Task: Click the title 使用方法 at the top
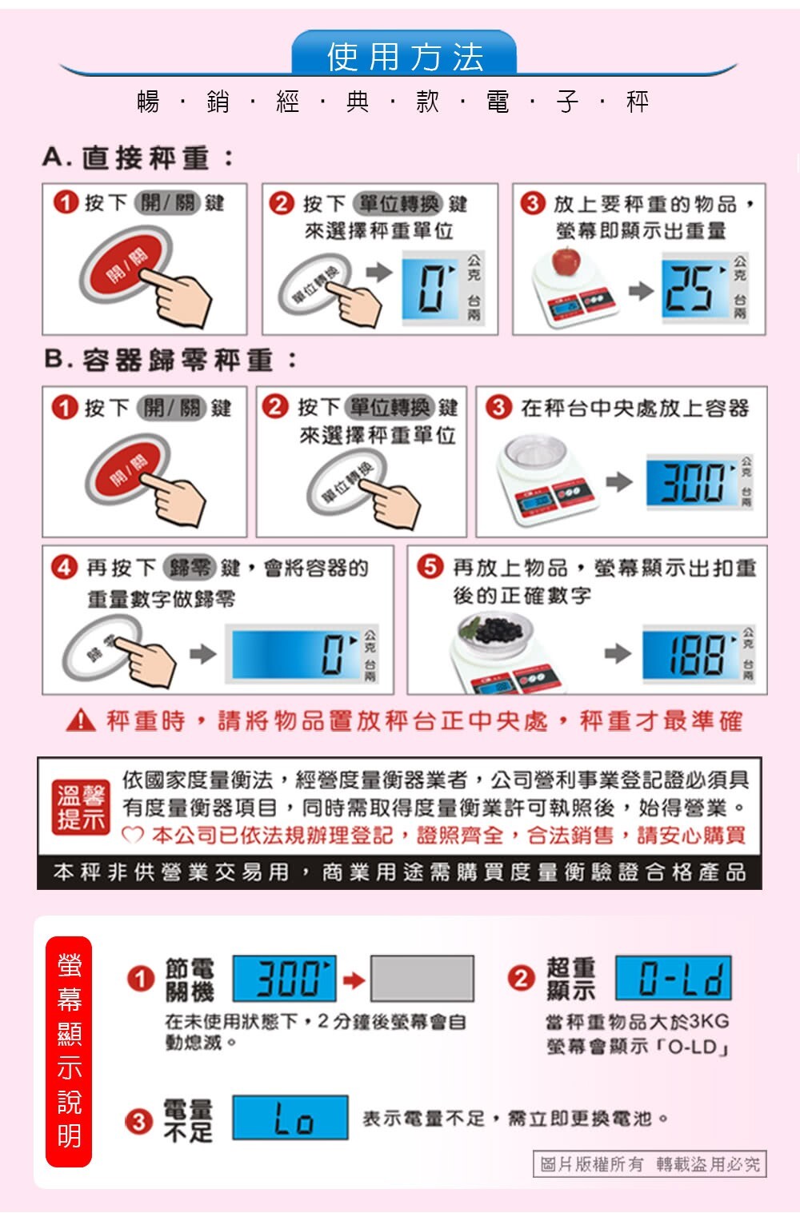(405, 56)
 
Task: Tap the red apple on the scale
(566, 261)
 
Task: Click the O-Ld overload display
(674, 977)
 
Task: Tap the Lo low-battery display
(290, 1117)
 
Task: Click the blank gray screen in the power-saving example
(422, 978)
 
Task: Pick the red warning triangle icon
(81, 720)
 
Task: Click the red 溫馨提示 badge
(81, 807)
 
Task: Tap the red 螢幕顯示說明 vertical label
(69, 1051)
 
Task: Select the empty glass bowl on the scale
(536, 450)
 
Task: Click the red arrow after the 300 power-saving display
(354, 980)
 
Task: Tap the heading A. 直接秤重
(138, 158)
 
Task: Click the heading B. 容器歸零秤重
(170, 360)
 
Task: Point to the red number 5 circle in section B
(430, 567)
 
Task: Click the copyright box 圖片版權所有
(650, 1163)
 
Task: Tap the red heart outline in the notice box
(133, 835)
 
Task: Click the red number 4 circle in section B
(65, 567)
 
